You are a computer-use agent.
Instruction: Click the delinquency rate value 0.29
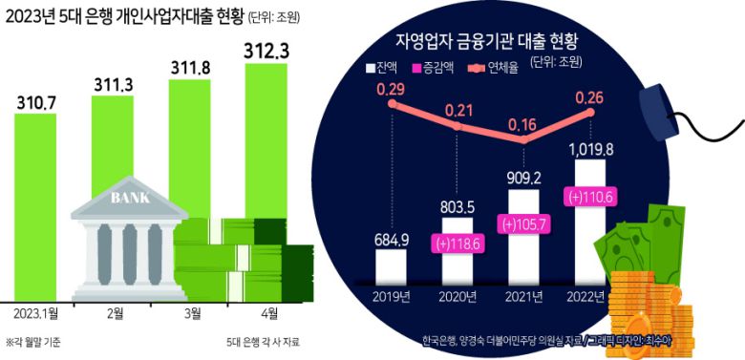[x=392, y=89]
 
